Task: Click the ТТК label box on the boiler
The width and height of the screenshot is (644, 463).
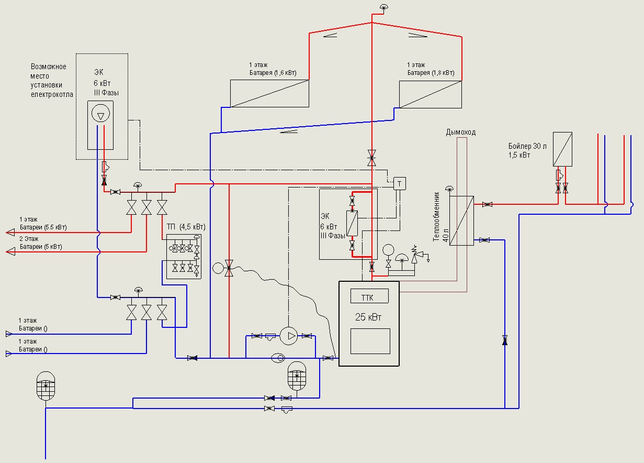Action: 369,296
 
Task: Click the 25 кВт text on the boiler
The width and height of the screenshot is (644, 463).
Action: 368,317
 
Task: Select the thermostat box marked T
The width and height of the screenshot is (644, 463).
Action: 400,184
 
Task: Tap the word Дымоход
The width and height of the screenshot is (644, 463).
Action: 460,132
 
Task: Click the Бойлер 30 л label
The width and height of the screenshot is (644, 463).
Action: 527,146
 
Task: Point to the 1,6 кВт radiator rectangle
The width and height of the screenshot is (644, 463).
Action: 269,94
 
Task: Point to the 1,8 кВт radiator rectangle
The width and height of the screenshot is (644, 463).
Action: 431,94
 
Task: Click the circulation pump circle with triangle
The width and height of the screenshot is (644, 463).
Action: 289,336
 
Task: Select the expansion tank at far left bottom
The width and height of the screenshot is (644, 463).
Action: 46,386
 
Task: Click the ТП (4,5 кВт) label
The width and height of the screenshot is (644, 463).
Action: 186,227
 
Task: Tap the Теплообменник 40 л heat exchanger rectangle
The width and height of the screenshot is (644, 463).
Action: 461,221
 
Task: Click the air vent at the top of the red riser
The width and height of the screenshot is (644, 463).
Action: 383,7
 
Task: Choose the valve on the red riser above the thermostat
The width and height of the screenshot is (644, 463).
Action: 372,158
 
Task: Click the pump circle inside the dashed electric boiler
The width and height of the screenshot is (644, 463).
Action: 100,113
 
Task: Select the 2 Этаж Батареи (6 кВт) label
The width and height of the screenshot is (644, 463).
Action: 40,242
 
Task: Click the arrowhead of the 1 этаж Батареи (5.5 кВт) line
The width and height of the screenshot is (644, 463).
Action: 10,232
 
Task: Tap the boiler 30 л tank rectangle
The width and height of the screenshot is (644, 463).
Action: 562,149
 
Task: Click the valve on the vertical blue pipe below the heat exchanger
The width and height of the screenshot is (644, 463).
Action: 505,340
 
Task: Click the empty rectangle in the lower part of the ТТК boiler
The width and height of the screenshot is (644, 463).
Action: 370,341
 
